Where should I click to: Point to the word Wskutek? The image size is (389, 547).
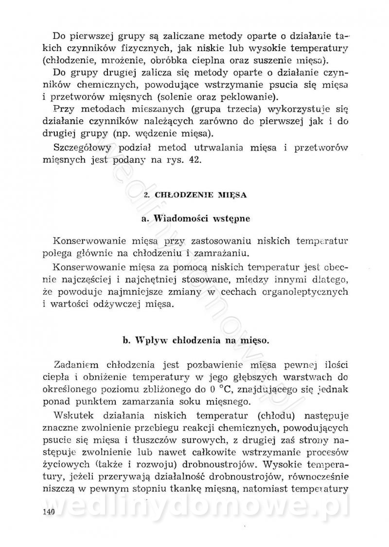click(72, 416)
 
